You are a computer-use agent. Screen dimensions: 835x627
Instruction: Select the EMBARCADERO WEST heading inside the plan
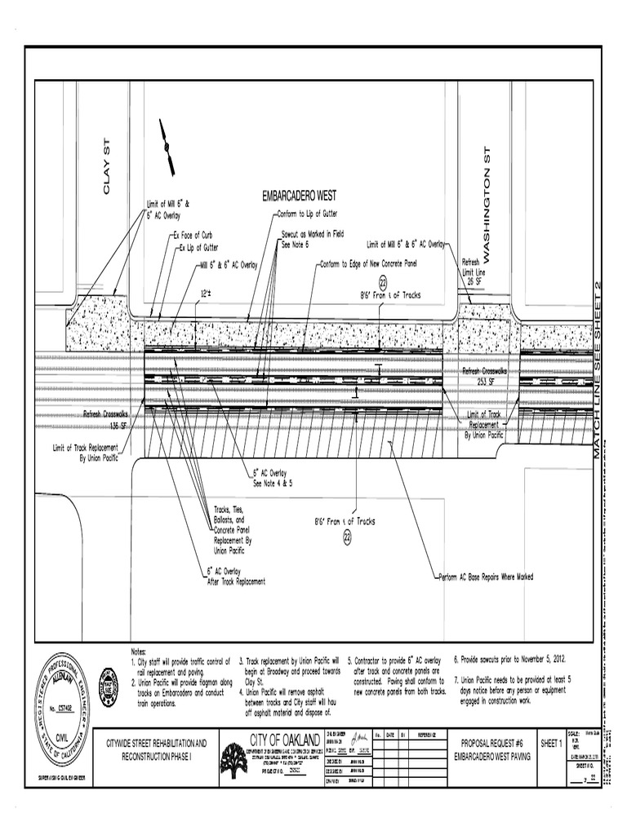tap(299, 197)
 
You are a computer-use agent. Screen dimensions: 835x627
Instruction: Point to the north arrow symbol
tap(167, 148)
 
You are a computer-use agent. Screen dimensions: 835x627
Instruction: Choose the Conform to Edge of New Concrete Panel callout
tap(368, 264)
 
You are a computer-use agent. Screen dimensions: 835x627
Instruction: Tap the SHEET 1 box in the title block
tap(551, 743)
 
